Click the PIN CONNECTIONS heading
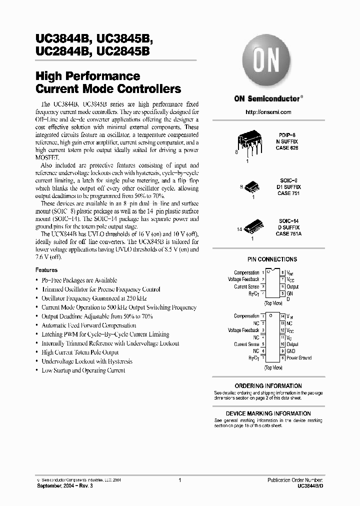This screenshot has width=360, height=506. pos(272,259)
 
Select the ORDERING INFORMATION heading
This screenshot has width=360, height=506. pos(268,386)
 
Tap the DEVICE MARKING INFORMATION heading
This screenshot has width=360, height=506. pos(268,413)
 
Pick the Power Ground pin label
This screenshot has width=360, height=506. pos(298,358)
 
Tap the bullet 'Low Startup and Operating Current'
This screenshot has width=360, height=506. pos(83,370)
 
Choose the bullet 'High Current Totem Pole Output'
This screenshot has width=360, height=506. pos(80,352)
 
